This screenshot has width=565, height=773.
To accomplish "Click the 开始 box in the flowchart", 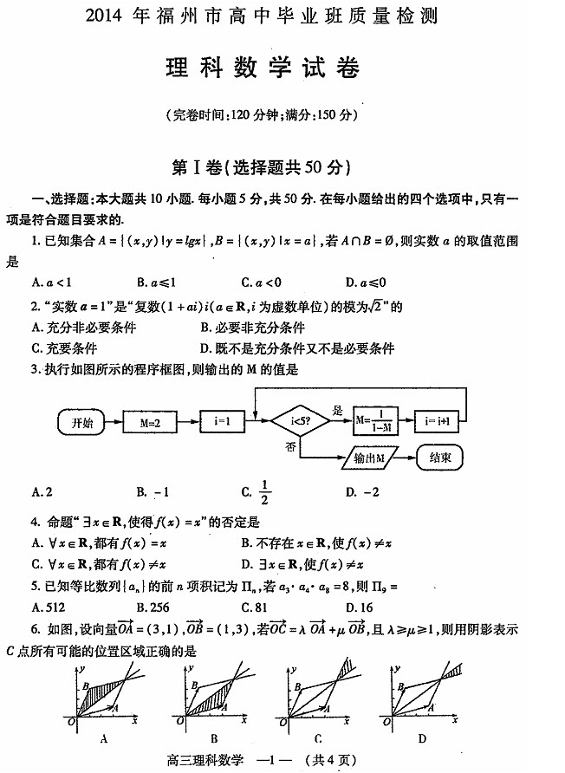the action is tap(82, 422).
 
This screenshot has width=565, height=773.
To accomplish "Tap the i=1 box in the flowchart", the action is tap(221, 422).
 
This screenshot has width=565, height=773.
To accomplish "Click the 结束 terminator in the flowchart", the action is tap(441, 457).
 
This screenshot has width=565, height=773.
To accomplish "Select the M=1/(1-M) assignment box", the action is tap(374, 422).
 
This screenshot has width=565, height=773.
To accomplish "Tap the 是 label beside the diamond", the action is tap(339, 411).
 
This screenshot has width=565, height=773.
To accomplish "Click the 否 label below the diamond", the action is tap(291, 445).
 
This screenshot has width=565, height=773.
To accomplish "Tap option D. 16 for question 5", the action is tap(359, 607).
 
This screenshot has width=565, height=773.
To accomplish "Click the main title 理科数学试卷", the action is tap(262, 69).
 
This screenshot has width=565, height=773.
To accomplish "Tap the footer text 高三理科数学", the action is tap(201, 760).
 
